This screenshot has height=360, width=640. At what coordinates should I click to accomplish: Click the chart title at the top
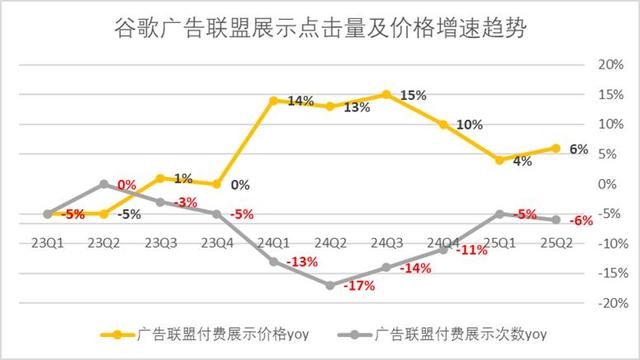[x=319, y=27]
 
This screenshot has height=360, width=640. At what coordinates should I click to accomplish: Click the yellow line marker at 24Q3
[x=387, y=94]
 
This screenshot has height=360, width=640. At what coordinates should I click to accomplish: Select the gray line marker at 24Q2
[x=330, y=285]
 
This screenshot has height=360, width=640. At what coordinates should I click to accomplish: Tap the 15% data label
[x=413, y=95]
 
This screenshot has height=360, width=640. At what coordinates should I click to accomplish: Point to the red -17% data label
[x=359, y=287]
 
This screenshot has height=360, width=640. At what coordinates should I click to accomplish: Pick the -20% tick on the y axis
[x=609, y=303]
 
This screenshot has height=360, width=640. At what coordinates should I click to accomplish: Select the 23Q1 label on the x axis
[x=47, y=242]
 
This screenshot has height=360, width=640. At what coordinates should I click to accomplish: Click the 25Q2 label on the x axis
[x=556, y=242]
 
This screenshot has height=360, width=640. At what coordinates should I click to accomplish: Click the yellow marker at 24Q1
[x=273, y=100]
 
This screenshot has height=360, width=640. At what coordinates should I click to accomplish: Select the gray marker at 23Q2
[x=103, y=184]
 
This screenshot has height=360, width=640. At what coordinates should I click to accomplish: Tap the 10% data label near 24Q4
[x=470, y=125]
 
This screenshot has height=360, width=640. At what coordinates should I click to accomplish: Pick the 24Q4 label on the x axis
[x=444, y=242]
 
